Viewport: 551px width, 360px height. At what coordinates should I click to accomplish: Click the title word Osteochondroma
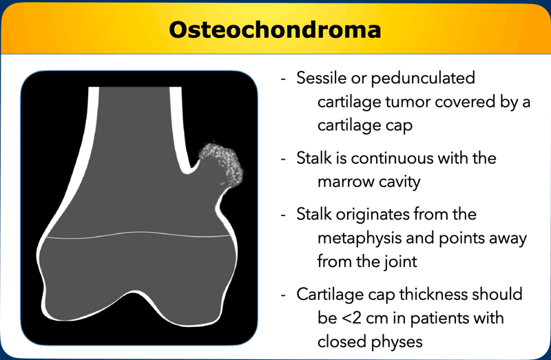tap(275, 30)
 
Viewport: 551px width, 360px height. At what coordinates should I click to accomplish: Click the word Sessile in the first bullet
tap(321, 78)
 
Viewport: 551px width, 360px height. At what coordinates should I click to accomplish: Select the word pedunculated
tap(423, 78)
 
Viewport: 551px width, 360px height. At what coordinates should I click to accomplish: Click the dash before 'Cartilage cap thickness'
tap(284, 296)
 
